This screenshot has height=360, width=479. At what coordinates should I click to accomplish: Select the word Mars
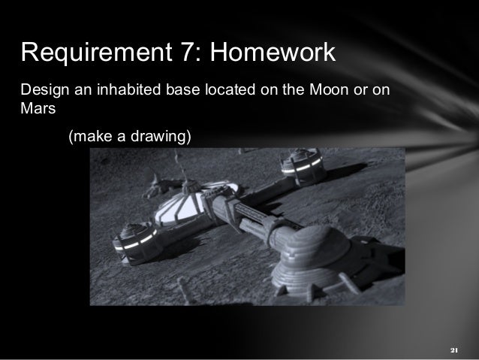(36, 108)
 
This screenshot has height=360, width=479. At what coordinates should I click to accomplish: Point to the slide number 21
(453, 350)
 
